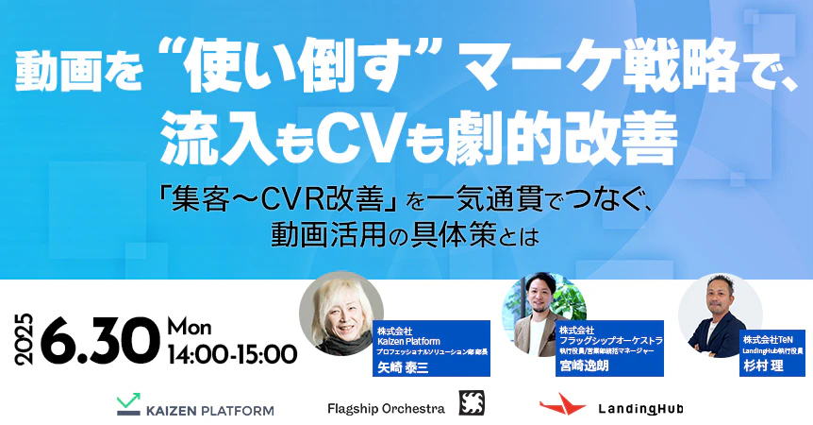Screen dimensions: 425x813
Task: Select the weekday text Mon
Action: [192, 327]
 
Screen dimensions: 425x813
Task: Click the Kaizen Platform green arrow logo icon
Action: [128, 404]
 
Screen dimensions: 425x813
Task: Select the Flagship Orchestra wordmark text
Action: [386, 408]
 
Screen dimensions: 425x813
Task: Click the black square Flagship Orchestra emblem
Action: [473, 403]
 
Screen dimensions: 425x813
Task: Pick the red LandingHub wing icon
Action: [562, 405]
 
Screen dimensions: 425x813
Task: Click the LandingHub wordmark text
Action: [640, 408]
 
